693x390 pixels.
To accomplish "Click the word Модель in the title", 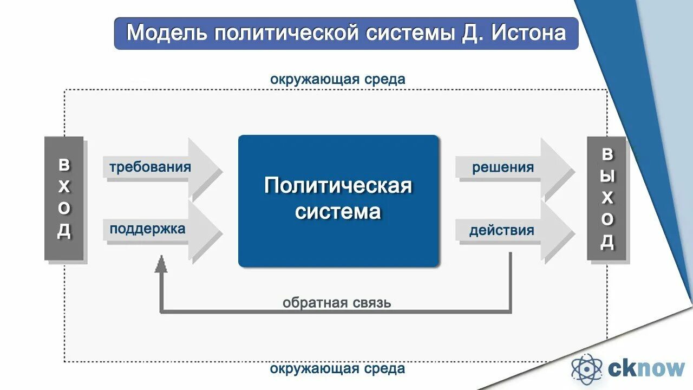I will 167,33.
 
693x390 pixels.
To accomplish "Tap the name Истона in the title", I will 529,33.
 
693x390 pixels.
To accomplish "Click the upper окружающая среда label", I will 337,79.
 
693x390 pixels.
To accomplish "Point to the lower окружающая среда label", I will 337,369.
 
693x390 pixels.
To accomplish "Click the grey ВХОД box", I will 64,198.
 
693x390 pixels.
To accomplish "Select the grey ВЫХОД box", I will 607,198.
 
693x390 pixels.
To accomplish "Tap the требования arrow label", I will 150,167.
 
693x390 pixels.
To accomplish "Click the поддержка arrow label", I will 147,229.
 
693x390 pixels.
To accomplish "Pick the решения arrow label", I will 503,167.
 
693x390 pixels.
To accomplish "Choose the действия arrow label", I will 501,231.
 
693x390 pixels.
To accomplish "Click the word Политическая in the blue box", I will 338,186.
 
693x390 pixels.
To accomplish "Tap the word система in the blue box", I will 338,211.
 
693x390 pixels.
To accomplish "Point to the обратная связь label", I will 336,302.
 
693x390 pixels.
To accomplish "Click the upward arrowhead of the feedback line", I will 161,264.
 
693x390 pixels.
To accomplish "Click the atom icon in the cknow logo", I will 587,369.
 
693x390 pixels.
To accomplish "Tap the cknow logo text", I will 646,369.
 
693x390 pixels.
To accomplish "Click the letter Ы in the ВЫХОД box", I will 607,176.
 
